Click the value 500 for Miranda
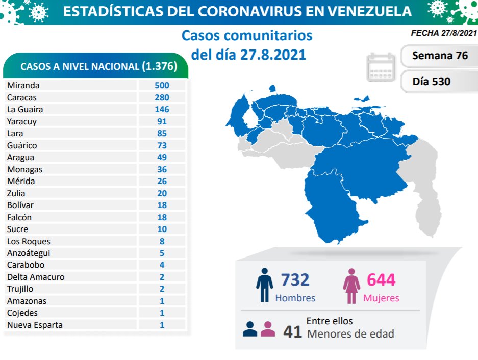click(x=162, y=85)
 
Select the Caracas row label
click(x=22, y=97)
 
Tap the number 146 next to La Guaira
click(x=162, y=109)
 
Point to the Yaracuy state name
click(x=22, y=121)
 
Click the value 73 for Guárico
click(x=162, y=145)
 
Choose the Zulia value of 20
click(x=162, y=193)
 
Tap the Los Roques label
click(x=29, y=241)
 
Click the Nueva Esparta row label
click(x=35, y=325)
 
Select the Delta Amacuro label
click(x=36, y=277)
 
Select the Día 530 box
click(x=432, y=81)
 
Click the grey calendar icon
click(x=381, y=67)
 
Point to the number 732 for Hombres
click(x=295, y=279)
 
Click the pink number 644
click(x=381, y=279)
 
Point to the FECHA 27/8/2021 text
click(x=443, y=33)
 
